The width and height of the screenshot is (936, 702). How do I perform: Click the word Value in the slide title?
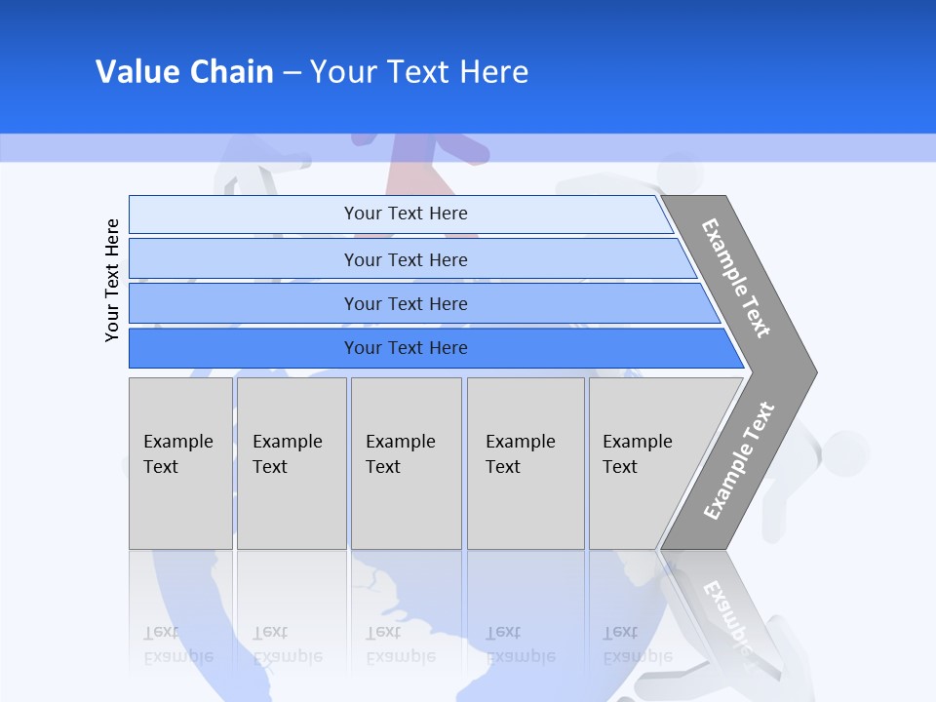tap(135, 71)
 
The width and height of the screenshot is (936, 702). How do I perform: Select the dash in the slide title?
tap(292, 72)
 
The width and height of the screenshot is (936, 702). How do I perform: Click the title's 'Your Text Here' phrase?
tap(419, 71)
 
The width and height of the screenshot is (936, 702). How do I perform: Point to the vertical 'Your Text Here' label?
tap(112, 280)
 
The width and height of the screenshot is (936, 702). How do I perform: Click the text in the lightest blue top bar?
tap(406, 214)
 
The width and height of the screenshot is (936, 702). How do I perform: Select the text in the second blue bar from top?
tap(406, 259)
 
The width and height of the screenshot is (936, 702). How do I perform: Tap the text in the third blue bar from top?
tap(406, 303)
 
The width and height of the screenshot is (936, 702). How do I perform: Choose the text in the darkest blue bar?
tap(406, 347)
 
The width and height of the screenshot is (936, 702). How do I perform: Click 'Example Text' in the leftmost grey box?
tap(177, 454)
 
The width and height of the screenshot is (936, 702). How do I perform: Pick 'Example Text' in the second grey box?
tap(287, 454)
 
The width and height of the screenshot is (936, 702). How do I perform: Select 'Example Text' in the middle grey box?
tap(400, 454)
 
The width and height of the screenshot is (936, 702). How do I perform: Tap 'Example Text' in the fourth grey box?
tap(520, 454)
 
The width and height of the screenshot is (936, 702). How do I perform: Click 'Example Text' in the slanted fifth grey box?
tap(637, 454)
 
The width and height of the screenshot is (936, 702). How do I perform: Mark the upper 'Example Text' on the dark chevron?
tap(736, 278)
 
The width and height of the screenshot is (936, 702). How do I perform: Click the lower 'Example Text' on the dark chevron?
tap(739, 461)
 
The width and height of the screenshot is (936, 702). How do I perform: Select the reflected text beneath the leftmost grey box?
tap(177, 644)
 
